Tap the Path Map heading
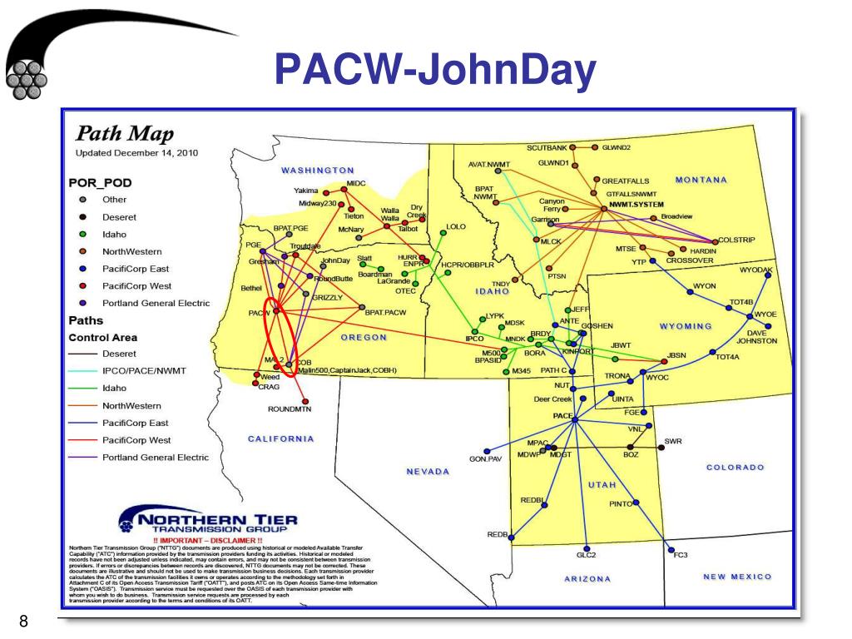tap(125, 135)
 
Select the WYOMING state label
tap(686, 326)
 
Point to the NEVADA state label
tap(428, 472)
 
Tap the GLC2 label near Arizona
tap(587, 555)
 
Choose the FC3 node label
tap(681, 555)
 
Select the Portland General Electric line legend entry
tap(156, 458)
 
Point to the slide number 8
tap(23, 621)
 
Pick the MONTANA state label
tap(701, 180)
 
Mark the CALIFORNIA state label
tap(281, 438)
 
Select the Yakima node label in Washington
tap(306, 191)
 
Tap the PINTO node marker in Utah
tap(637, 503)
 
